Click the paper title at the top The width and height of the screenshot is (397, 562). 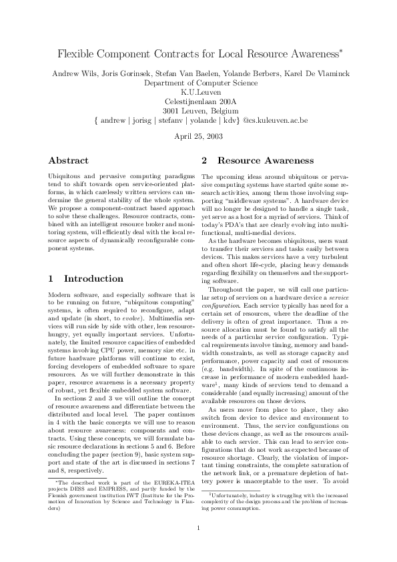coord(197,52)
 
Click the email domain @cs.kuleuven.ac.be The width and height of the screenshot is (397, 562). coord(275,121)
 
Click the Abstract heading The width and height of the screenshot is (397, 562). coord(68,161)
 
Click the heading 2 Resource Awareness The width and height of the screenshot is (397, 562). coord(257,161)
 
